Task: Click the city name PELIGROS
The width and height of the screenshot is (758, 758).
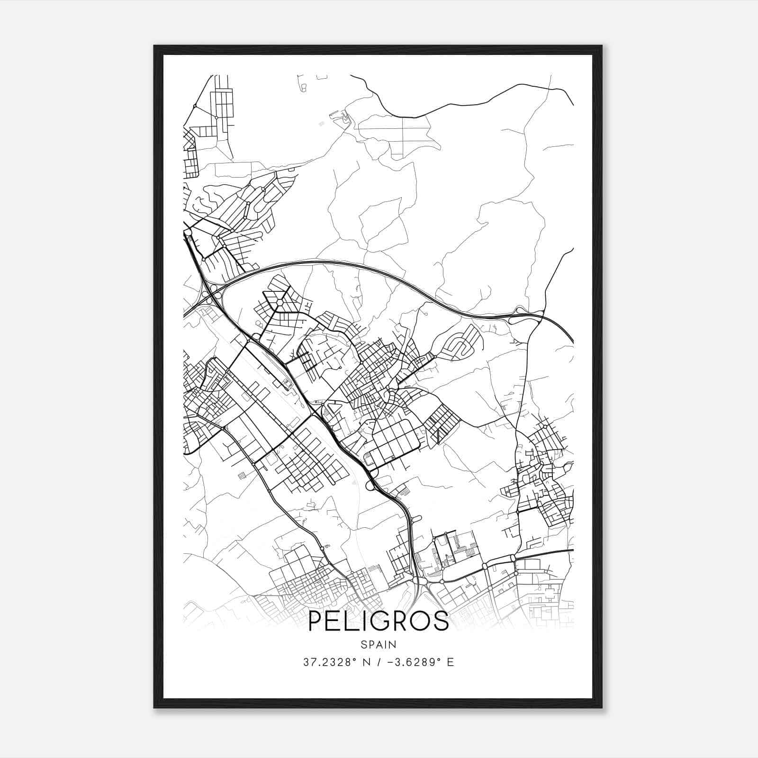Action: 378,621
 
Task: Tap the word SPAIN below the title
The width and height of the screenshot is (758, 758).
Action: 378,645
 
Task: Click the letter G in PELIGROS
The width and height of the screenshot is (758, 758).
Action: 380,621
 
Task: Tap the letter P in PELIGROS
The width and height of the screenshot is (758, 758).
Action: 316,621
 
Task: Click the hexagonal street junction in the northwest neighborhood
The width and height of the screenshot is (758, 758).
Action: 280,302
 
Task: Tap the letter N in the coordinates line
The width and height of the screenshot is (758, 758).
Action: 365,662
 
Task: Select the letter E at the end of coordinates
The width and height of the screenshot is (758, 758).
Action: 451,662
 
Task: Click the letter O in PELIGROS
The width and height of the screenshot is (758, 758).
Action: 421,621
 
